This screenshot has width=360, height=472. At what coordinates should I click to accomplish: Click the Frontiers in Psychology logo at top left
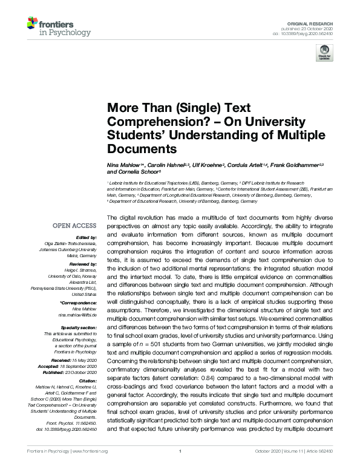tap(58, 27)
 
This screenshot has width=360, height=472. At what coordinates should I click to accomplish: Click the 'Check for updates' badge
tap(324, 55)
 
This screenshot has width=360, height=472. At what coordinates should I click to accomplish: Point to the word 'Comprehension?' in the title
tap(148, 121)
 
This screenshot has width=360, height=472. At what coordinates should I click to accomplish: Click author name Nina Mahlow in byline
tap(125, 165)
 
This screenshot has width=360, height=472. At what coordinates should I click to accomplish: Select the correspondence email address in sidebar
tap(77, 316)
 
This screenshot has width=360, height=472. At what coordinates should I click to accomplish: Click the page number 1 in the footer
tap(180, 467)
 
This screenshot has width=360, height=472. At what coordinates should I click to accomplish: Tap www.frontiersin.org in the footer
tap(95, 467)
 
